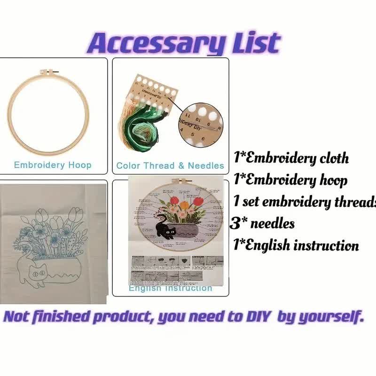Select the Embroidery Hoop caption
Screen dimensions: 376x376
[x=53, y=165]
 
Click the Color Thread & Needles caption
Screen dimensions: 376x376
[x=170, y=165]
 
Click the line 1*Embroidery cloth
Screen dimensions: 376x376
[x=291, y=158]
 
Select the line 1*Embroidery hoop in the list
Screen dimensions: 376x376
[x=290, y=180]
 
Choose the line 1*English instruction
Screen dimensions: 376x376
[x=296, y=245]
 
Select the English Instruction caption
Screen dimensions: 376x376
[x=170, y=288]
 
